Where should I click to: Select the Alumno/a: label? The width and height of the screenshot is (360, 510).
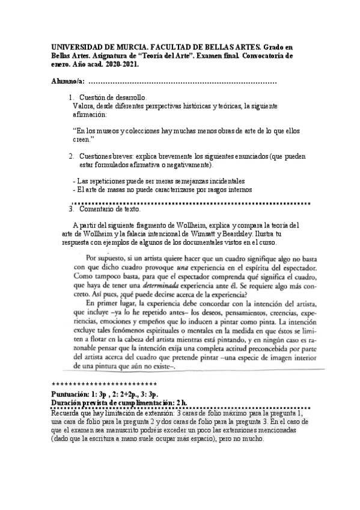[66, 81]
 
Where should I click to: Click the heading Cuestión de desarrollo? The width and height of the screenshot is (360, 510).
[112, 97]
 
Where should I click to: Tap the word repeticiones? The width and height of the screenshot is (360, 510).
[107, 182]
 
